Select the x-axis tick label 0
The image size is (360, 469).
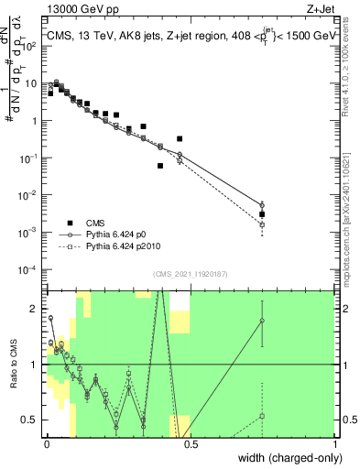47,444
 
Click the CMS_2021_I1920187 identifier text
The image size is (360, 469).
191,274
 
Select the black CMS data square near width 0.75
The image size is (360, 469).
262,214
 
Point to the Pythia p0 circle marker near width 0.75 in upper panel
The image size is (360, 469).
262,204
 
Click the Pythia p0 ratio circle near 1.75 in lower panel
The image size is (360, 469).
262,321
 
